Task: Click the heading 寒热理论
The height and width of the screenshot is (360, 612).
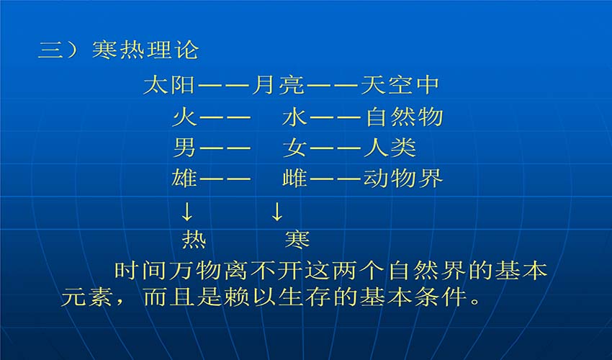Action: point(145,50)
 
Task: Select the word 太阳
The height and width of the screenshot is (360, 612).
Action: point(169,85)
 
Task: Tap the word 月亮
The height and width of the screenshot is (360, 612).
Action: point(277,85)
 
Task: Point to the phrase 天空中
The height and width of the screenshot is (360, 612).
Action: point(400,85)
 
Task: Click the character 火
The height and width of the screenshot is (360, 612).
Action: point(184,117)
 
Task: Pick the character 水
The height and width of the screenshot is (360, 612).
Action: point(294,117)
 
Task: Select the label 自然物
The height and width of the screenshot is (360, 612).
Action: point(404,117)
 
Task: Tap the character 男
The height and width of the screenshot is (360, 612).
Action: point(184,148)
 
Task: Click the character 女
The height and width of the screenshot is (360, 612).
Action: point(294,148)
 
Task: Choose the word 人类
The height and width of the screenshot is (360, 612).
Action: point(390,148)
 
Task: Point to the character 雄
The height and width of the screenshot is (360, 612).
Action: point(184,179)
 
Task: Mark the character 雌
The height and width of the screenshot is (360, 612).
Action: point(294,179)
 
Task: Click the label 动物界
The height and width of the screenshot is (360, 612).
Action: point(403,179)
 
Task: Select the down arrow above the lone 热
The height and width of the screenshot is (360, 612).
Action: point(187,212)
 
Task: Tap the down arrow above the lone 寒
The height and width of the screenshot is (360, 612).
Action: point(276,212)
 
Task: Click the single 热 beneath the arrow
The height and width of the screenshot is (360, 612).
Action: point(194,239)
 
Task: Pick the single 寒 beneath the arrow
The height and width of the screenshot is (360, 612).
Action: point(297,239)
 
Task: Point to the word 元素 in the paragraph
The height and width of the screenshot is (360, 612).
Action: point(86,297)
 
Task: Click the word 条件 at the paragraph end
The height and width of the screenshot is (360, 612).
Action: point(441,297)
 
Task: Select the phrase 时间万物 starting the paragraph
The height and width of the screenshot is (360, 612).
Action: point(167,270)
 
